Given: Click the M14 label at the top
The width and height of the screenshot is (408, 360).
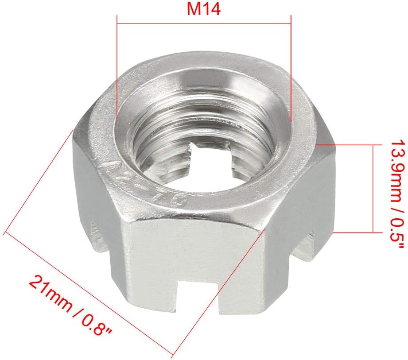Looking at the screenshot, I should (204, 10).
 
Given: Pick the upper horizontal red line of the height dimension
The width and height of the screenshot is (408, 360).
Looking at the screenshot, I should (350, 144).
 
